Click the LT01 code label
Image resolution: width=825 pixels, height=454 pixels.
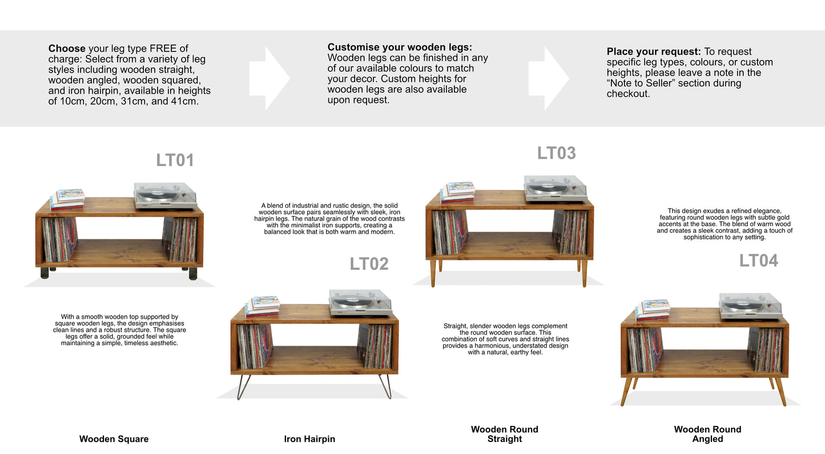tap(175, 160)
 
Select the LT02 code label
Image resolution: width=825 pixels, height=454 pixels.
tap(369, 264)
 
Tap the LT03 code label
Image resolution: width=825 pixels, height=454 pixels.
tap(556, 153)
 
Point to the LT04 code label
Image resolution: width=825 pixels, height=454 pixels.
tap(758, 260)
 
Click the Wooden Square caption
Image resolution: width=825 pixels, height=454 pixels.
tap(114, 439)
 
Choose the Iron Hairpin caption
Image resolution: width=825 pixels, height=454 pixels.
tap(309, 439)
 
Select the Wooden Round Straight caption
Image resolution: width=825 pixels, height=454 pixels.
tap(504, 434)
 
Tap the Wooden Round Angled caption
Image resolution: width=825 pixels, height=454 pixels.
tap(707, 434)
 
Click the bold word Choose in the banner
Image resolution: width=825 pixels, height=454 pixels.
tap(67, 49)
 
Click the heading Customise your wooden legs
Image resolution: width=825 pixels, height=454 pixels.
tap(400, 47)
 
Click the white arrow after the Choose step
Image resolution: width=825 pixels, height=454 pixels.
tap(269, 79)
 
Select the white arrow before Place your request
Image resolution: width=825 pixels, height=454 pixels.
tap(548, 79)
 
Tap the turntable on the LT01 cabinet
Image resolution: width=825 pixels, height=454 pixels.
tap(164, 195)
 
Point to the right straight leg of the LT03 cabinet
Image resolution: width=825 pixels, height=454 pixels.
tap(583, 273)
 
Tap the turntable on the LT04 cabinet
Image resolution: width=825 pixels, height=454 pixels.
tap(750, 306)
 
